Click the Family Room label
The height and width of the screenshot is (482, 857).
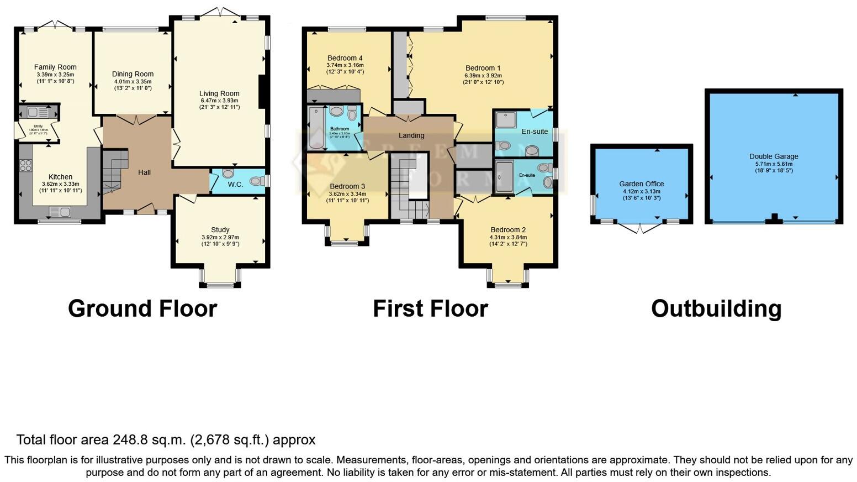click(55, 67)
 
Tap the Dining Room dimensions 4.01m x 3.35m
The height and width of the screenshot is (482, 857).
click(133, 81)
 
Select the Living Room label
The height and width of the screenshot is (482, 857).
click(219, 93)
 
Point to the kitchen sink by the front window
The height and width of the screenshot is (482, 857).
click(60, 212)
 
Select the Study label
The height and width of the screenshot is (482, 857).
click(220, 229)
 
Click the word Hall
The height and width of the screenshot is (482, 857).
click(144, 172)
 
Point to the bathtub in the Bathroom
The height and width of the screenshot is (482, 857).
click(316, 128)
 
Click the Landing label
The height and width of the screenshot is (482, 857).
click(411, 135)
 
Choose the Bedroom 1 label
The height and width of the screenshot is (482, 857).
click(483, 68)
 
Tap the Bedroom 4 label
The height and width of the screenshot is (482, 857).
click(345, 58)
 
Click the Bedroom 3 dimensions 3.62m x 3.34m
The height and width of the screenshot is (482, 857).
click(347, 194)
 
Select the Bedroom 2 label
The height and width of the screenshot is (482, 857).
click(507, 230)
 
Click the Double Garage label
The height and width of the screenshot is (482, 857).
click(774, 156)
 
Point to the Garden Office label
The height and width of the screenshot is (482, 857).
click(641, 184)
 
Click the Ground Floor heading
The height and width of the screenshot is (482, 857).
click(142, 308)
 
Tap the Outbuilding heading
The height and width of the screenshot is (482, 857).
click(716, 308)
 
